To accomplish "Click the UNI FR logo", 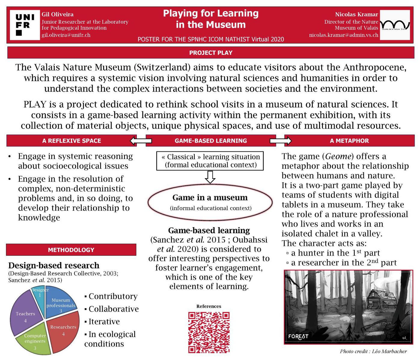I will (x=25, y=25).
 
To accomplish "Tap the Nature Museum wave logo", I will (x=395, y=25).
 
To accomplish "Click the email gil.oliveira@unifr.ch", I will (x=66, y=35).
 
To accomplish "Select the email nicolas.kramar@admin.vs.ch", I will (x=343, y=35).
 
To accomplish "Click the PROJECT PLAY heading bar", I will (x=211, y=53).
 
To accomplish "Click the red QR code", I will (x=209, y=332).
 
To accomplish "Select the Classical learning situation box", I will (x=210, y=161).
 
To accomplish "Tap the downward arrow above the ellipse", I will (x=210, y=177).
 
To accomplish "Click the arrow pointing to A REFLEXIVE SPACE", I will (x=141, y=141).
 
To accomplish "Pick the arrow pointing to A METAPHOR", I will (x=281, y=141).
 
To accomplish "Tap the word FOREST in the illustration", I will (x=298, y=336).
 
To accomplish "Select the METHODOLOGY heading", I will (x=71, y=250).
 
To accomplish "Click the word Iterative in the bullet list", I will (x=104, y=322).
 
